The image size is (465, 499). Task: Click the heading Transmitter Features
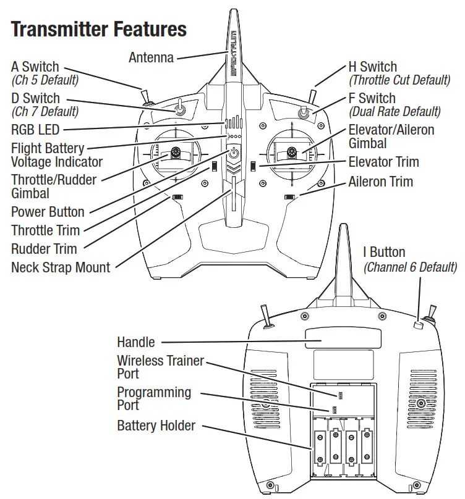click(x=99, y=29)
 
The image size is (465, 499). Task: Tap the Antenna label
click(x=151, y=57)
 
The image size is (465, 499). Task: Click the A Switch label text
click(x=35, y=67)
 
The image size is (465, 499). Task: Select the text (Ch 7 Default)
click(x=45, y=112)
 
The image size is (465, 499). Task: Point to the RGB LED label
click(x=35, y=130)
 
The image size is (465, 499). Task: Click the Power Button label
click(x=48, y=212)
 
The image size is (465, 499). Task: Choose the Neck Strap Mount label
click(x=61, y=267)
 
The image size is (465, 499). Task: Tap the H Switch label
click(x=372, y=67)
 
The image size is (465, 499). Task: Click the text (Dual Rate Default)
click(x=395, y=112)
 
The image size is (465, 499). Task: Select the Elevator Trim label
click(x=383, y=162)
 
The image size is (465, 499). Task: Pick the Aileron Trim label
click(x=380, y=182)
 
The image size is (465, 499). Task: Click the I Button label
click(x=384, y=253)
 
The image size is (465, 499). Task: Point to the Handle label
click(x=135, y=342)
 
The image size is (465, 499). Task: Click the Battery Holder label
click(x=156, y=426)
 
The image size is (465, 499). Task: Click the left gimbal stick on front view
click(x=176, y=152)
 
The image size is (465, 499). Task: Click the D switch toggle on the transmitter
click(x=179, y=109)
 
